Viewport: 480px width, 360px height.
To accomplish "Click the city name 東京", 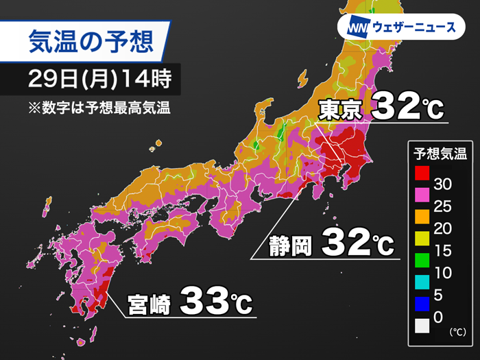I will [x=341, y=109].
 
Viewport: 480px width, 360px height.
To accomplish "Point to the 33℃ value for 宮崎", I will [x=217, y=301].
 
